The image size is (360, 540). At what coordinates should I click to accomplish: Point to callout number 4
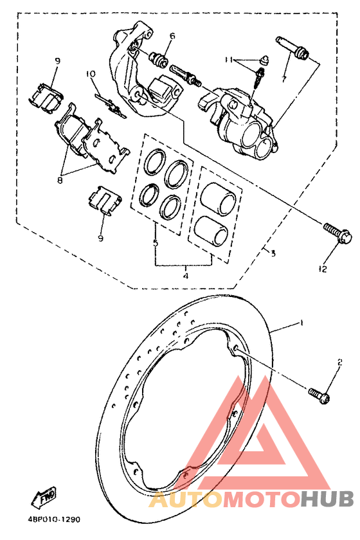185,276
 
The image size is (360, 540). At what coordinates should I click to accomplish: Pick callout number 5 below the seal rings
155,244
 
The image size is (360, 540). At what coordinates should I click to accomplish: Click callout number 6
172,36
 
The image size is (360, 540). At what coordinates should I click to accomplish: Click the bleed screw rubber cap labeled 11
264,60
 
